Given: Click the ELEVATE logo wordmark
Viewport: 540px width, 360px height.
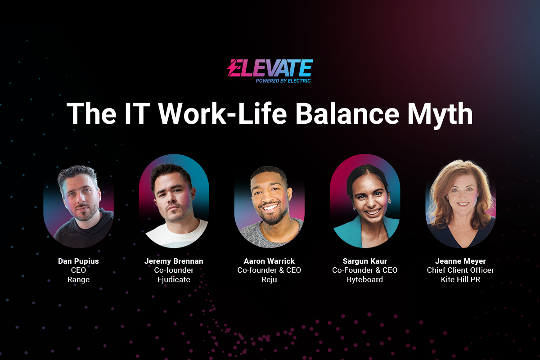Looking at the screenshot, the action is click(270, 68).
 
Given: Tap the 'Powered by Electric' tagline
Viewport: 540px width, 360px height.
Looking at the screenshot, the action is click(283, 81).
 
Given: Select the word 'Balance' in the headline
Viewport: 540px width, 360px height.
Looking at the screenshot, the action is click(347, 113).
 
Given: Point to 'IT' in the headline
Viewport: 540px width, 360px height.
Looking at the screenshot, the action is click(136, 113).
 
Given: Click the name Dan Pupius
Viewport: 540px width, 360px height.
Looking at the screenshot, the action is click(78, 261).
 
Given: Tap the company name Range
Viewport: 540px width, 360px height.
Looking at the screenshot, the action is click(78, 280).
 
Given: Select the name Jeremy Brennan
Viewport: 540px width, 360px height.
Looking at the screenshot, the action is click(174, 261).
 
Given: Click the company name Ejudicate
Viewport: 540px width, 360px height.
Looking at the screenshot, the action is click(174, 280).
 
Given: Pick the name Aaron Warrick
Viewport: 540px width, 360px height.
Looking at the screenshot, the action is click(269, 261).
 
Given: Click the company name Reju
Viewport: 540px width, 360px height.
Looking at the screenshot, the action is click(269, 280).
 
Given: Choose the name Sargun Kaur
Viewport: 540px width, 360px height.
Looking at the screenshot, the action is click(365, 261).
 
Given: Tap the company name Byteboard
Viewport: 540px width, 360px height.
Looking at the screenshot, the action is click(365, 280).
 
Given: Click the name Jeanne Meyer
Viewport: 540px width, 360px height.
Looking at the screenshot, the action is click(460, 261).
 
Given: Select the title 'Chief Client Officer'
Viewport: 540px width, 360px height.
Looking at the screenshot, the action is click(460, 270).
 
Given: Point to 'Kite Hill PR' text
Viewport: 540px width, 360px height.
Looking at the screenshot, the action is click(460, 280).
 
